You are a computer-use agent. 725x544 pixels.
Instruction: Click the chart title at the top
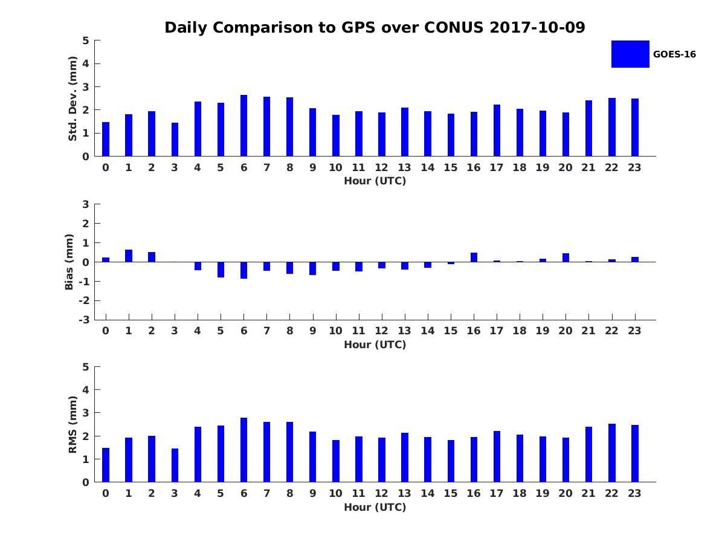(375, 28)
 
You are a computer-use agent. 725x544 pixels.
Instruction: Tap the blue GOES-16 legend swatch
(630, 54)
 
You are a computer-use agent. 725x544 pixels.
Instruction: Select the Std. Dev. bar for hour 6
(243, 126)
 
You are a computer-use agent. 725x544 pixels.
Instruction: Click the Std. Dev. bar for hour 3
(175, 140)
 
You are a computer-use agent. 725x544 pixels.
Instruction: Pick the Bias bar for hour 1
(129, 256)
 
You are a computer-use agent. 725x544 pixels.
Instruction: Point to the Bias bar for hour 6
(243, 270)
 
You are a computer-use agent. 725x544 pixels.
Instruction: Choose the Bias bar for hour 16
(474, 257)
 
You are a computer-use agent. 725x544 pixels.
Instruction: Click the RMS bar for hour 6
(243, 450)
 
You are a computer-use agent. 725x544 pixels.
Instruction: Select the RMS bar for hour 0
(106, 465)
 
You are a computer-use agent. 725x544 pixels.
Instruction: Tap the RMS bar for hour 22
(612, 453)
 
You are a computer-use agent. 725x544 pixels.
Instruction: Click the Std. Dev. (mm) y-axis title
(72, 99)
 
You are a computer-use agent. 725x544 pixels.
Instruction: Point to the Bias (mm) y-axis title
(69, 262)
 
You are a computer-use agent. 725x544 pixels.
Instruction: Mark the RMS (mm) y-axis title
(72, 424)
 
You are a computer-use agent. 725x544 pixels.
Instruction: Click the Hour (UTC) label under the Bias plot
(375, 345)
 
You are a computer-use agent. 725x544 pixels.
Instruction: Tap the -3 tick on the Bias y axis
(86, 320)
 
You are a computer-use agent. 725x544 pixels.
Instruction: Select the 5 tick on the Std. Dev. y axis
(86, 40)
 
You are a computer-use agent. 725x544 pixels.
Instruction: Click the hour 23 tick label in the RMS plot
(635, 493)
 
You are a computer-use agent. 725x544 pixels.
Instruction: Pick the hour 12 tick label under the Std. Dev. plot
(382, 167)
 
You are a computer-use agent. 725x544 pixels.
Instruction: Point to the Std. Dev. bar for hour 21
(588, 128)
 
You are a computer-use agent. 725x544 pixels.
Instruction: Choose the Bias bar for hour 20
(565, 257)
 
